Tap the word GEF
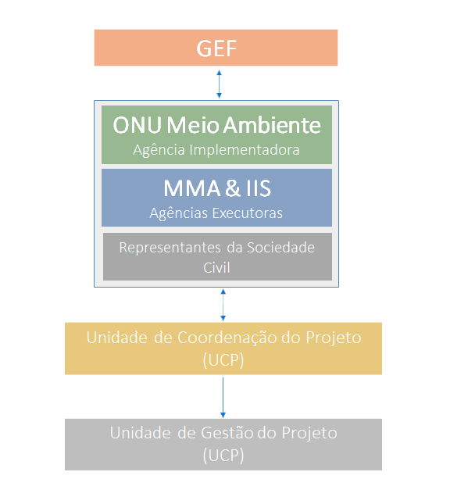pyautogui.click(x=216, y=48)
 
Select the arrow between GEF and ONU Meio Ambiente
pyautogui.click(x=219, y=83)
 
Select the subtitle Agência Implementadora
pyautogui.click(x=216, y=150)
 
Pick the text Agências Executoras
pyautogui.click(x=216, y=213)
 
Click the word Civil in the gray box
pyautogui.click(x=216, y=266)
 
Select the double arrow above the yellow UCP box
pyautogui.click(x=223, y=305)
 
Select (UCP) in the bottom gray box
pyautogui.click(x=223, y=455)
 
